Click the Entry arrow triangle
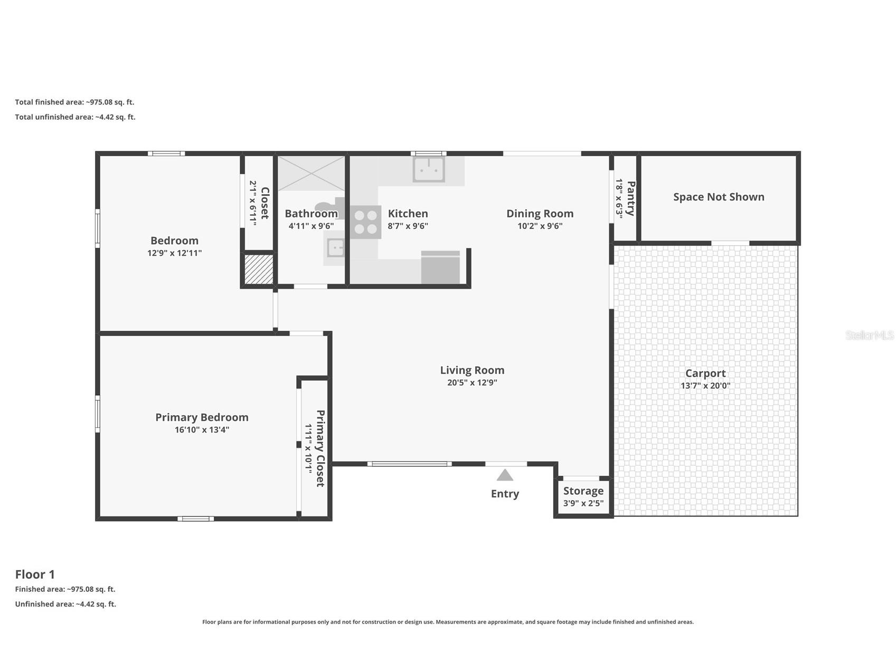coord(505,475)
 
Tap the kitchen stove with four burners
coord(365,222)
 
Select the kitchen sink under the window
coord(429,169)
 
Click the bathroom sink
coord(334,247)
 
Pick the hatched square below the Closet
coord(259,270)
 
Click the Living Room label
coord(472,370)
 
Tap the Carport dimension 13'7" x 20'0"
coord(705,386)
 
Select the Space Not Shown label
coord(719,197)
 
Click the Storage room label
coord(583,491)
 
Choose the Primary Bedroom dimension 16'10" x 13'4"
coord(202,430)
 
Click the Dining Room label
coord(540,214)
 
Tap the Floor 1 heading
coord(35,574)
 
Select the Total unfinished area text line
coord(75,117)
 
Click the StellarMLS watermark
coord(869,335)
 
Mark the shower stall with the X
coord(311,173)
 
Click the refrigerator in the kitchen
coord(440,267)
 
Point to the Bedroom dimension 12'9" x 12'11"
coord(174,253)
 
